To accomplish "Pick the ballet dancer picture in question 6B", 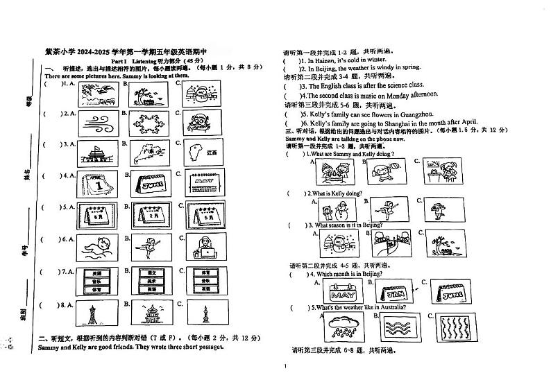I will pos(148,246).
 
